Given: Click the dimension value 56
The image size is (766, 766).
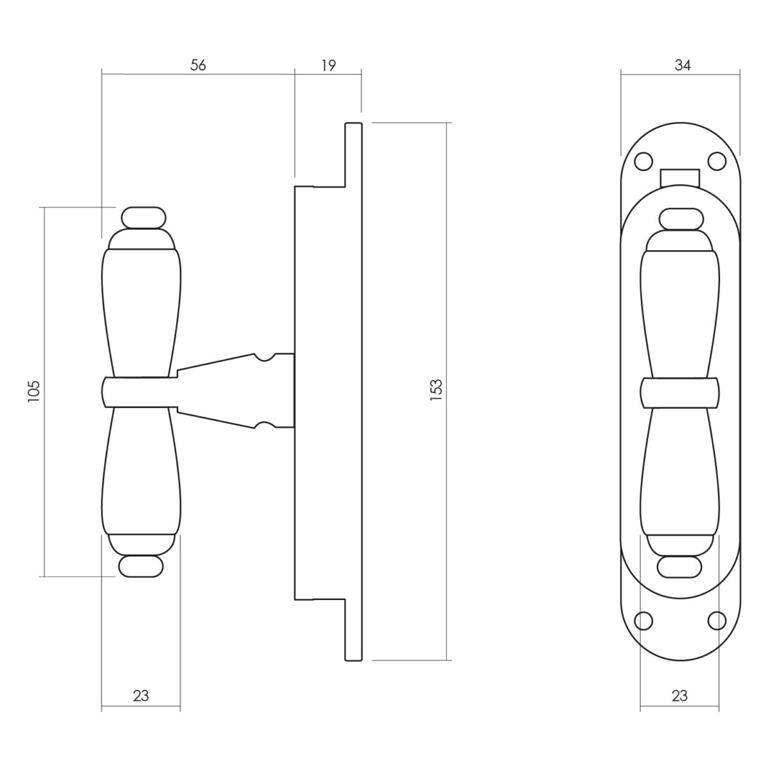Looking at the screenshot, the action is tap(198, 65).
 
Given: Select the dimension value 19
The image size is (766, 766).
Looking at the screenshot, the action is tap(328, 65).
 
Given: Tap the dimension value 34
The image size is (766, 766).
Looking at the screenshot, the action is tap(682, 65).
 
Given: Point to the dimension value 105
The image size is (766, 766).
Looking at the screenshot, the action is tap(34, 391).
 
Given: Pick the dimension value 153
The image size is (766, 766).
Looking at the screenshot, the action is tap(436, 390).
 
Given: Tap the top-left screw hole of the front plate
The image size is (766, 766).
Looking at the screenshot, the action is tap(643, 161).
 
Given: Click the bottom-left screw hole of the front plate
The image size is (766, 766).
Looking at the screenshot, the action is tap(643, 620).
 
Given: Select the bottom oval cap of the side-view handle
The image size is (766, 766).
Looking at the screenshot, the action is tap(141, 566).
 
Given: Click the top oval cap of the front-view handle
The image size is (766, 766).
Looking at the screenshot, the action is tap(681, 219).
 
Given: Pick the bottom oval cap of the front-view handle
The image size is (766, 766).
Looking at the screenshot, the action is tap(679, 567).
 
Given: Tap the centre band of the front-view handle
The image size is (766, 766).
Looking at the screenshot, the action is tap(680, 393).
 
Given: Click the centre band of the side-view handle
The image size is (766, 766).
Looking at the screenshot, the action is tap(140, 393).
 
